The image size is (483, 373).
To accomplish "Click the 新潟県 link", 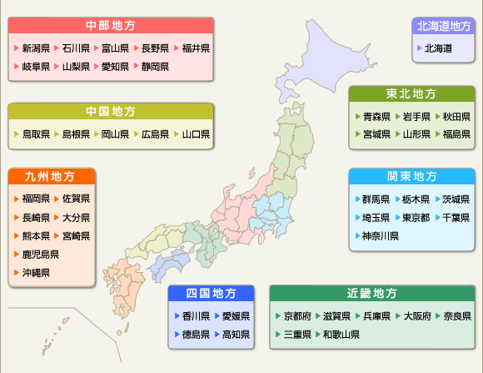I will point(36,48).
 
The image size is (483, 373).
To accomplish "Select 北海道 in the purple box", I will point(438,48).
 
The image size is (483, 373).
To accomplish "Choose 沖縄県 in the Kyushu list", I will point(34,272).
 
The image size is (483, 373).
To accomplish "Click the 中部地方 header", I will point(111,25).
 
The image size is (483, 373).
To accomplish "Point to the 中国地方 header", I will point(111,111).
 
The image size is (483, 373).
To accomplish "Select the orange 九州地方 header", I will point(50,177).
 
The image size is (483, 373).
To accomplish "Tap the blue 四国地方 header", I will point(210,294).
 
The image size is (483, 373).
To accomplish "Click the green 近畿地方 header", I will point(372,294).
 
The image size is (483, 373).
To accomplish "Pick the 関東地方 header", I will point(411,176).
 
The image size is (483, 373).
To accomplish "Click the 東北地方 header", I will point(411,93).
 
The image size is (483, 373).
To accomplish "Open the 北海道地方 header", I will point(444,26).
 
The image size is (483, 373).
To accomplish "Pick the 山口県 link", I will point(196,134).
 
